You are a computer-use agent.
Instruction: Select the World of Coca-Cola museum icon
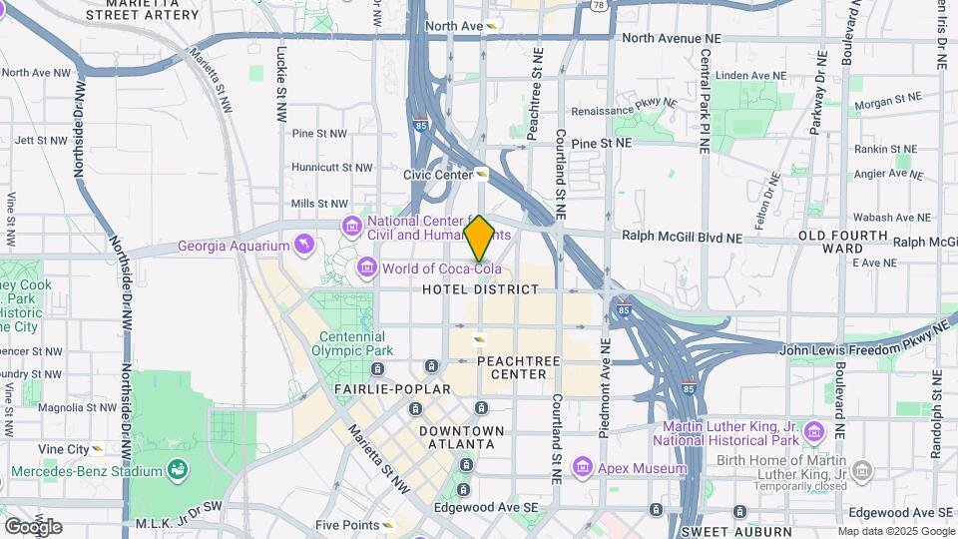(366, 269)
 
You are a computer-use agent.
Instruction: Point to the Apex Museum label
(642, 468)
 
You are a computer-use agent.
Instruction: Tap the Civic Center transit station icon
(482, 174)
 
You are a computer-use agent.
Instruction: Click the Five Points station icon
(388, 525)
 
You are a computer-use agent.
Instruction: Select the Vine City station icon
(97, 449)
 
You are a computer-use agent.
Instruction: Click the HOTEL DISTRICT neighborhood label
(480, 289)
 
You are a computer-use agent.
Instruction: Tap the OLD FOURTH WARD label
(829, 242)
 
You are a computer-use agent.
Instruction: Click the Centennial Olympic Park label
(351, 344)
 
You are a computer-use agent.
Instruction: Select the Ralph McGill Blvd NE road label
(682, 239)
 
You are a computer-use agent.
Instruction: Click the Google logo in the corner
(33, 526)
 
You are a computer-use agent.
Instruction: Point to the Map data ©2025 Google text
(896, 531)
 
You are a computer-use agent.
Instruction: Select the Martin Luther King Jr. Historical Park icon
(814, 431)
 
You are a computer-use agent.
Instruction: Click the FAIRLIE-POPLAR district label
(380, 388)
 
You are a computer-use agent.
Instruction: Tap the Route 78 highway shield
(598, 5)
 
